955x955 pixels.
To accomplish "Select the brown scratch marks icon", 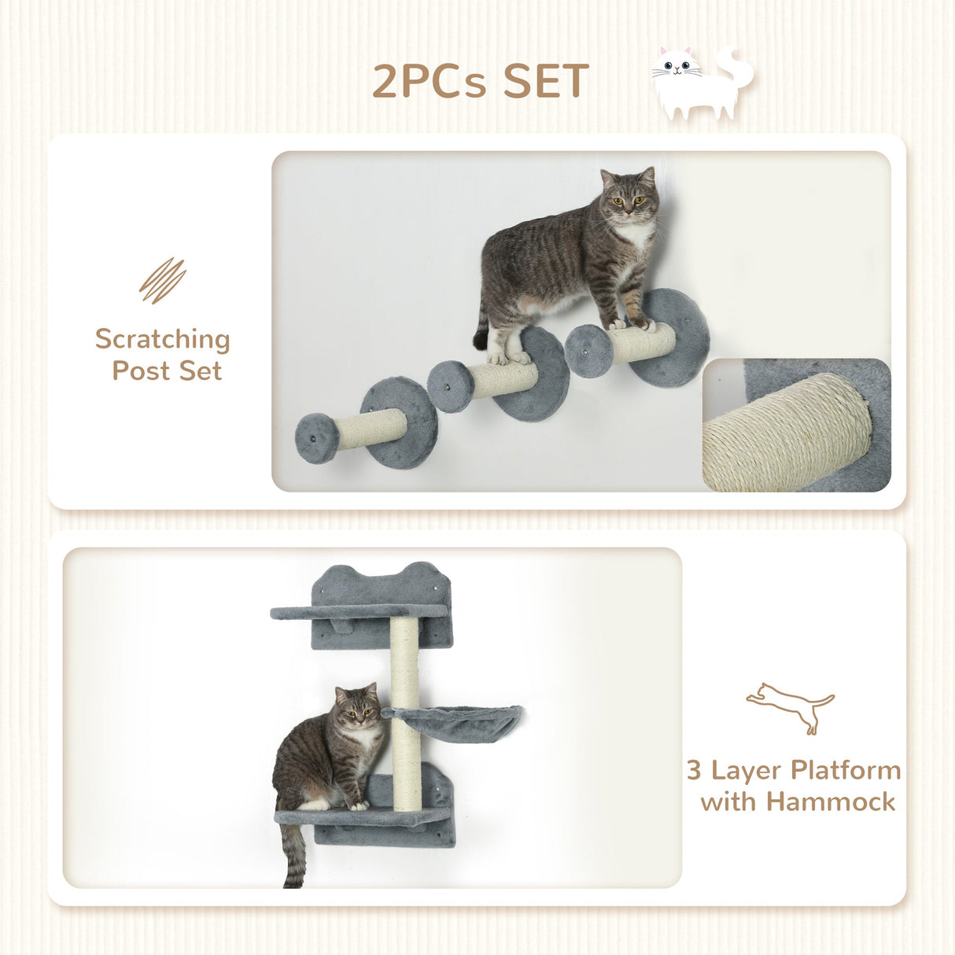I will point(162,280).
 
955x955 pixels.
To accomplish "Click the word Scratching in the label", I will point(163,339).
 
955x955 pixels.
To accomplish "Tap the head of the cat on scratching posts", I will point(629,196).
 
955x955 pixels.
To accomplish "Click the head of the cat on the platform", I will point(356,706).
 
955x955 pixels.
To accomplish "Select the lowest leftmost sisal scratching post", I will point(372,429).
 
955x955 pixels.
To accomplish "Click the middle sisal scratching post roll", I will point(503,379).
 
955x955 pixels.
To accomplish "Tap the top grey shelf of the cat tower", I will point(358,611).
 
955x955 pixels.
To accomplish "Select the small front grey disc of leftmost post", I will point(316,438).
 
